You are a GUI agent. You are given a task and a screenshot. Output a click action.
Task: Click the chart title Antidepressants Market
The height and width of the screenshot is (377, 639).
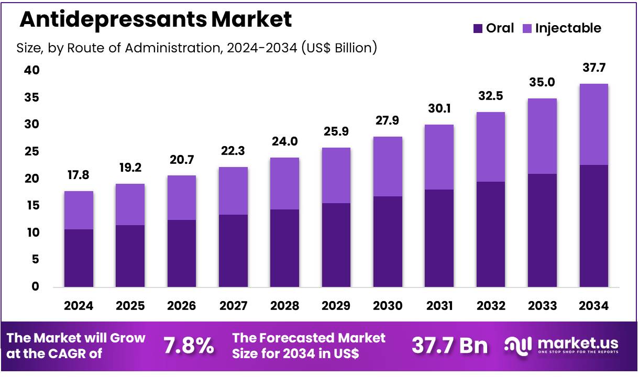[156, 20]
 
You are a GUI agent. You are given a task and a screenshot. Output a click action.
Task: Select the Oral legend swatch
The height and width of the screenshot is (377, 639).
[478, 28]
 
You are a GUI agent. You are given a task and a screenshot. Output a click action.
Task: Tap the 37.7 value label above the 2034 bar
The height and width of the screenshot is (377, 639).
[593, 68]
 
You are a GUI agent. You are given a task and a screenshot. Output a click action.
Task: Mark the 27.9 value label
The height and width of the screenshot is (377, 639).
[388, 121]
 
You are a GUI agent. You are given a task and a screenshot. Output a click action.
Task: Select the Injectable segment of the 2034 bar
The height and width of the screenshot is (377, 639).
[593, 124]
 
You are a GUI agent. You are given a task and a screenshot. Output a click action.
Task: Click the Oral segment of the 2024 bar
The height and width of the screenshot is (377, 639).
[79, 258]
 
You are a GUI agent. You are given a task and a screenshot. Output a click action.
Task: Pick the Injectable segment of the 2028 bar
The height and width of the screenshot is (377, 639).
[284, 183]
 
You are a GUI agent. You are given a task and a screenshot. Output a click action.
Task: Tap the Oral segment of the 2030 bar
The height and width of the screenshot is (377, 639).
[388, 241]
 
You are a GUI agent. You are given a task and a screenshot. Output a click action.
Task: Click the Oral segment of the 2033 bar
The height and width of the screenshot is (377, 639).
[542, 230]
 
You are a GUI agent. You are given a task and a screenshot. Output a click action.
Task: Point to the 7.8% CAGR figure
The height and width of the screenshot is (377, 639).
[189, 346]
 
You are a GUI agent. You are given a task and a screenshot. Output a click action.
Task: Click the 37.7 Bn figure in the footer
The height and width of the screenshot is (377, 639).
[449, 346]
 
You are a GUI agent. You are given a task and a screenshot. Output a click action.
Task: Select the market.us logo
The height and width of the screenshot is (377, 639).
[561, 345]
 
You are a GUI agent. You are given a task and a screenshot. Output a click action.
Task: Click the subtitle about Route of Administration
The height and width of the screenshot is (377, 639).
[197, 48]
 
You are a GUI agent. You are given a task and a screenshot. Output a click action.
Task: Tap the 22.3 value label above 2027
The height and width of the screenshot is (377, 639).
[233, 152]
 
